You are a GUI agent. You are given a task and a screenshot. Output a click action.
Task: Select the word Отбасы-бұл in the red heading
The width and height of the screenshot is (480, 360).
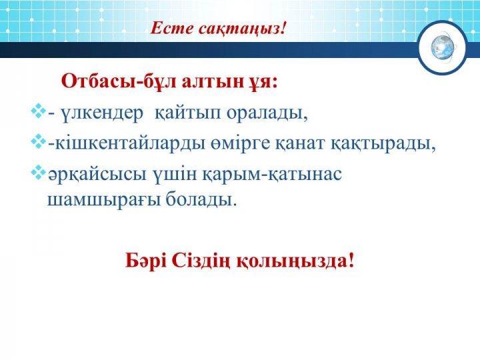click(119, 82)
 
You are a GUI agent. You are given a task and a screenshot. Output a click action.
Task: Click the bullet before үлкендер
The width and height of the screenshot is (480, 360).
click(38, 111)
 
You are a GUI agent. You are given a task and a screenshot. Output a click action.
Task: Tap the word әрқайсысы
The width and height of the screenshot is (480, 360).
click(97, 175)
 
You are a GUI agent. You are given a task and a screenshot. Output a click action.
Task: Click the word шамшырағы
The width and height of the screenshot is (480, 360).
click(104, 200)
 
